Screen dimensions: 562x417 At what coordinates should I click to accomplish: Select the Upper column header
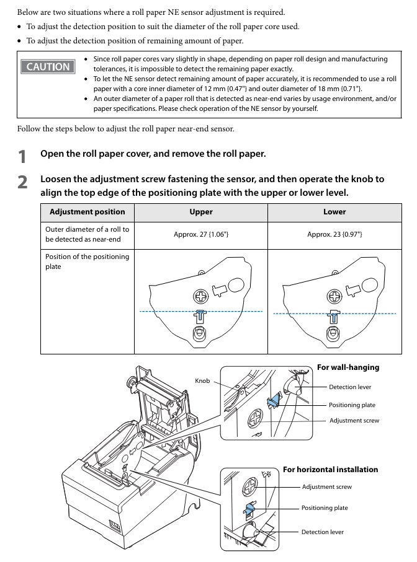point(201,212)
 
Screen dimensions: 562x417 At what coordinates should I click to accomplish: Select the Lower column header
point(334,212)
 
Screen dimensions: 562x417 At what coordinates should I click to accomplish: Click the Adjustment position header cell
point(87,212)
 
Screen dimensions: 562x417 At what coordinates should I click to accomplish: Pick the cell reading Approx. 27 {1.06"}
point(201,235)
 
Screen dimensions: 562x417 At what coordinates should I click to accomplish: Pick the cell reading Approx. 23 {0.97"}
point(334,235)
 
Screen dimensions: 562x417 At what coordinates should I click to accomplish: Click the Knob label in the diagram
point(202,380)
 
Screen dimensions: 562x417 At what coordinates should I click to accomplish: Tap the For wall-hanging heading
point(347,367)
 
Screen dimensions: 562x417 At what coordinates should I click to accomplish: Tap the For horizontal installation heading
point(330,470)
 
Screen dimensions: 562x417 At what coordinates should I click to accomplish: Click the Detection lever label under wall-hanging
point(350,387)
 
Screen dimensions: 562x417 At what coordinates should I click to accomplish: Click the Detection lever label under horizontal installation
point(322,532)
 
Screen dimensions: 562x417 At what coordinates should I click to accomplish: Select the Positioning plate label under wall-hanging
point(352,405)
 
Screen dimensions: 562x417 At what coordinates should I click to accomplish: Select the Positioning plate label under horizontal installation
point(325,508)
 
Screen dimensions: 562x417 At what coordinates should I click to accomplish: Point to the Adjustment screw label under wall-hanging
point(354,421)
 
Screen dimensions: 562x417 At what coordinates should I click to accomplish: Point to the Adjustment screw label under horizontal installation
point(326,487)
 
